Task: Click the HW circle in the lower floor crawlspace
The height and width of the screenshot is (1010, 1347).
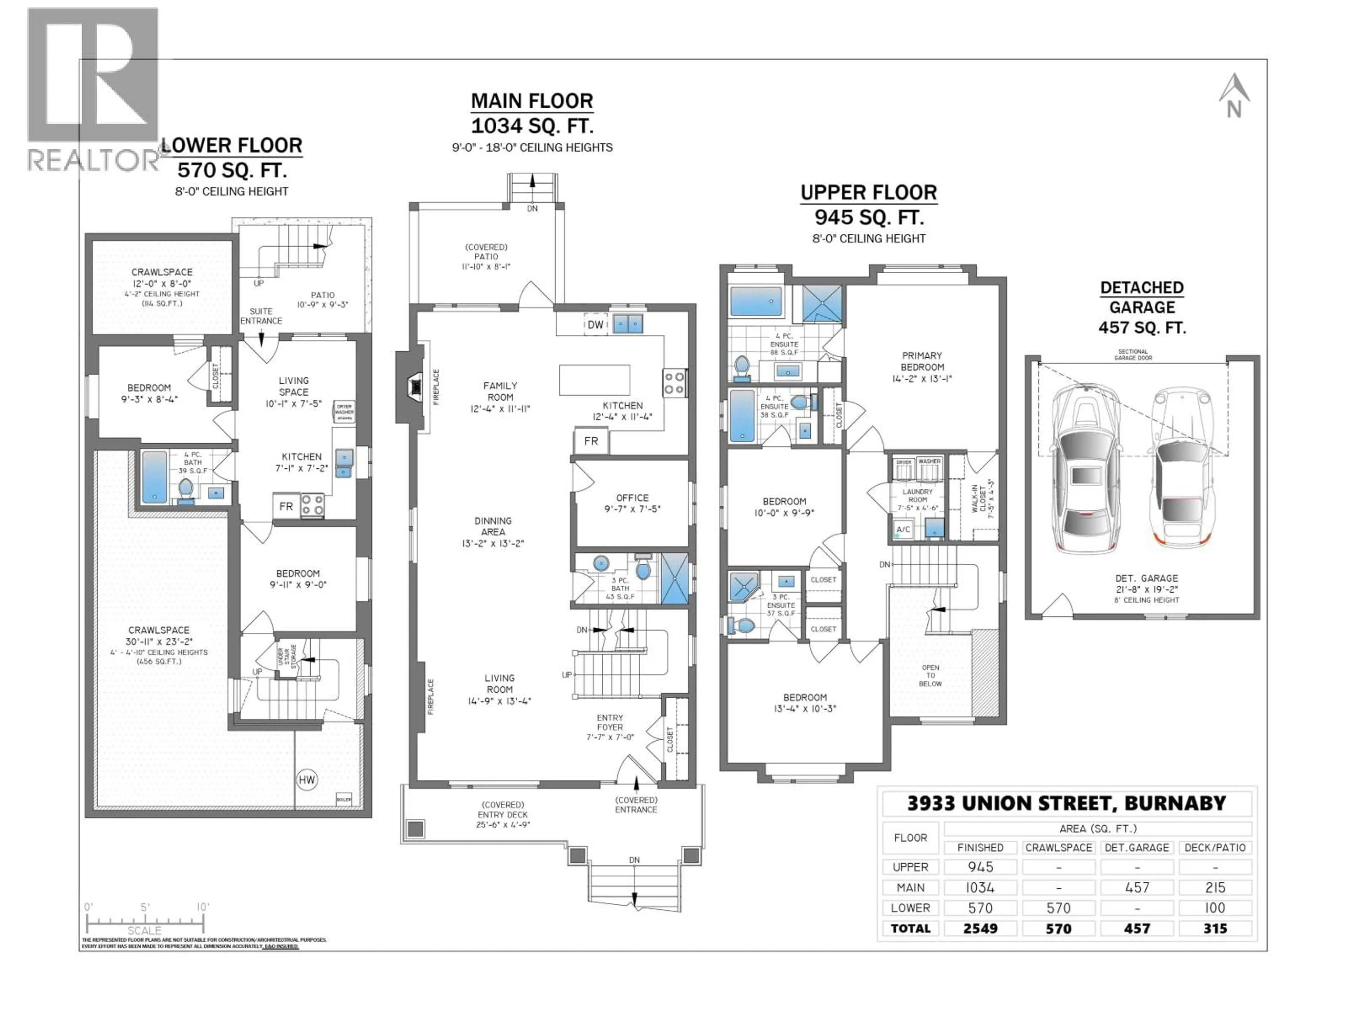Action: point(307,780)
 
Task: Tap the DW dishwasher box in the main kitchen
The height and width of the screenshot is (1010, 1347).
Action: point(595,324)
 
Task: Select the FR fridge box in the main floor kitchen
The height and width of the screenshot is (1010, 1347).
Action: point(591,441)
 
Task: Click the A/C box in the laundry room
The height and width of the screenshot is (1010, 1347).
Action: point(903,529)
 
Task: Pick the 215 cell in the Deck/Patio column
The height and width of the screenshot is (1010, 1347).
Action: point(1215,888)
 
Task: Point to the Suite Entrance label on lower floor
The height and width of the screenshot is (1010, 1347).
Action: point(261,316)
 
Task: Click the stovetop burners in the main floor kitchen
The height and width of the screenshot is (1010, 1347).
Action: point(674,383)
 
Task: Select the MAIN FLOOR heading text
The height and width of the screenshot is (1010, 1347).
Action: point(532,100)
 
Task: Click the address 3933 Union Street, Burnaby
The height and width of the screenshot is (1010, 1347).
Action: point(1066,803)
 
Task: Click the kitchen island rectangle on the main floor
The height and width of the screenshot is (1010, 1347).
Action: point(594,380)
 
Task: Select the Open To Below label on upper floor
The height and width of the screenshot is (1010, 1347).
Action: point(930,675)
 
